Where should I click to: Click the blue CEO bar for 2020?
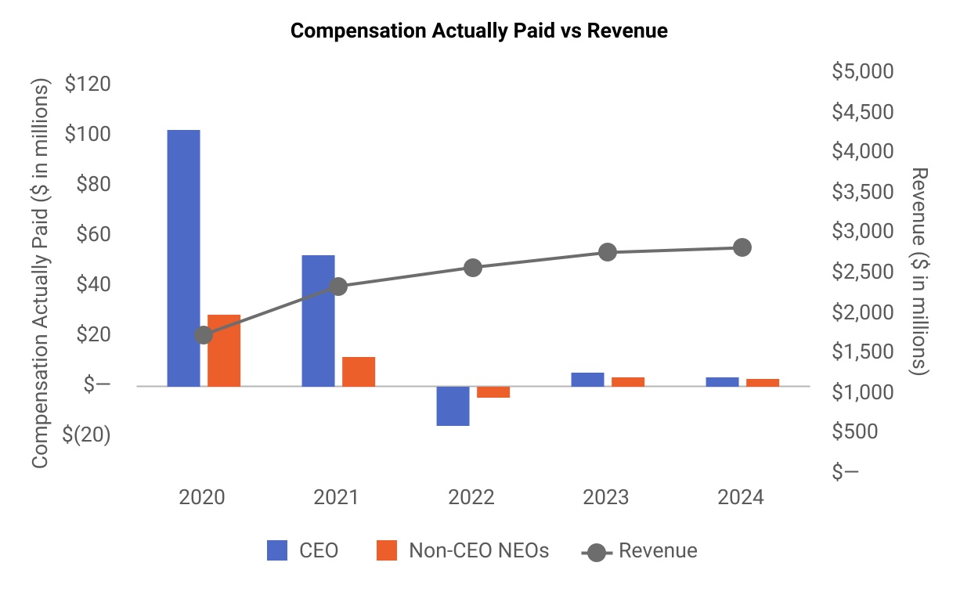point(183,258)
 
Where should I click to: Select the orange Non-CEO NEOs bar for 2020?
point(224,350)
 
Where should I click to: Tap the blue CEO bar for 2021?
point(318,320)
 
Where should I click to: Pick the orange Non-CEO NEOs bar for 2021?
point(359,371)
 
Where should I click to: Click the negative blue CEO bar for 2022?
point(453,406)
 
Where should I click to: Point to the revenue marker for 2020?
point(204,335)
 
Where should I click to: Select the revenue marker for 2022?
point(473,268)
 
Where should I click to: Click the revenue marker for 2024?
point(742,247)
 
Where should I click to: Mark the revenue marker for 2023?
point(608,252)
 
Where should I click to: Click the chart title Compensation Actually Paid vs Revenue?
point(479,31)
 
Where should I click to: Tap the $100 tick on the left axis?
point(87,134)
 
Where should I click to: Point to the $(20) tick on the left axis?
point(87,435)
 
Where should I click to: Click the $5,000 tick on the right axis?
point(861,72)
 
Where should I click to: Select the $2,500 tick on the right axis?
point(861,272)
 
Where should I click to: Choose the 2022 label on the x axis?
point(471,498)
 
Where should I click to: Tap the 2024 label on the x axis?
point(741,498)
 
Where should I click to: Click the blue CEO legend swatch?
point(278,550)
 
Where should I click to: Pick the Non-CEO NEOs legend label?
point(478,550)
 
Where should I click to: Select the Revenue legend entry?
point(640,550)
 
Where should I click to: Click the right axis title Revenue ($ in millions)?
point(919,271)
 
